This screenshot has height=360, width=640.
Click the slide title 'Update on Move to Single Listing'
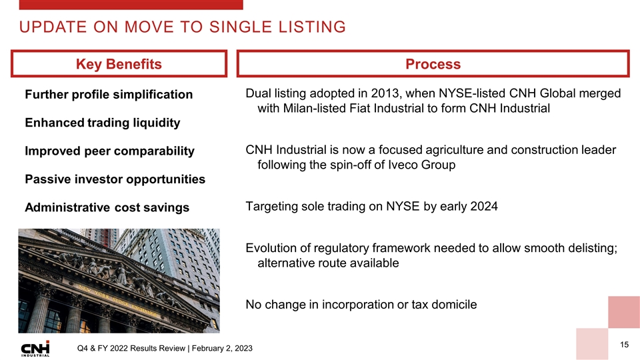click(x=181, y=27)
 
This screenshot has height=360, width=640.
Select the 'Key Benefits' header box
click(x=119, y=64)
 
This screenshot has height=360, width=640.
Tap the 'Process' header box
click(x=433, y=64)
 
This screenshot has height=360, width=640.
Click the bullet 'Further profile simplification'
click(x=109, y=95)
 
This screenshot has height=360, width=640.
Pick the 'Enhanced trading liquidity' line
click(x=102, y=123)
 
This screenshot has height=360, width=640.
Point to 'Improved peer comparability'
click(x=109, y=151)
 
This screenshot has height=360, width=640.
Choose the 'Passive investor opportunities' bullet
click(x=115, y=179)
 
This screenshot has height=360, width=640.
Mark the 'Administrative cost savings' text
click(x=107, y=208)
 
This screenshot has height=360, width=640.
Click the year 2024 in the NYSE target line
click(x=484, y=207)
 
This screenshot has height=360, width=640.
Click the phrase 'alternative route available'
click(x=327, y=263)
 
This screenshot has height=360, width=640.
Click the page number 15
click(x=625, y=345)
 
